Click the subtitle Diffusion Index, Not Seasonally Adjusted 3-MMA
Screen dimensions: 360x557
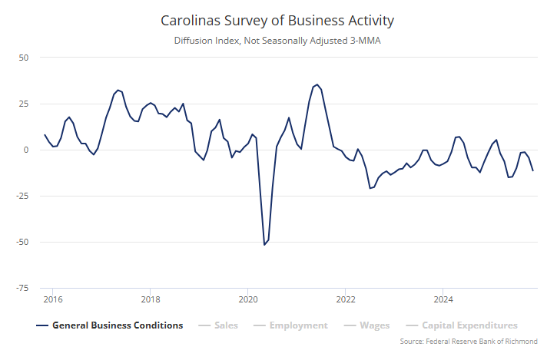(278, 41)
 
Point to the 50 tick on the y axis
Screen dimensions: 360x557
(23, 58)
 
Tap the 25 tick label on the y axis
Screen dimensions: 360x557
(23, 104)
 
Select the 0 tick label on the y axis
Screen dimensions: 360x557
(25, 150)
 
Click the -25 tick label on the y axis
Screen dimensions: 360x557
(22, 196)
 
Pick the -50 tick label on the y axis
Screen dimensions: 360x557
(22, 242)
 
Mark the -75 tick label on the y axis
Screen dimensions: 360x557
(22, 288)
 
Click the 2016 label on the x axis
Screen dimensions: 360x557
(53, 298)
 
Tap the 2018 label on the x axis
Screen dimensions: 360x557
(151, 298)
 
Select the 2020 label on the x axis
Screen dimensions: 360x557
(248, 298)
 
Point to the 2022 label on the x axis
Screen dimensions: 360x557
(346, 298)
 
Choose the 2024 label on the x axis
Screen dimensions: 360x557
(443, 298)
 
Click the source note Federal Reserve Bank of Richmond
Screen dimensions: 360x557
(469, 342)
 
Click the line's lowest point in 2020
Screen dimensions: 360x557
(264, 245)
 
